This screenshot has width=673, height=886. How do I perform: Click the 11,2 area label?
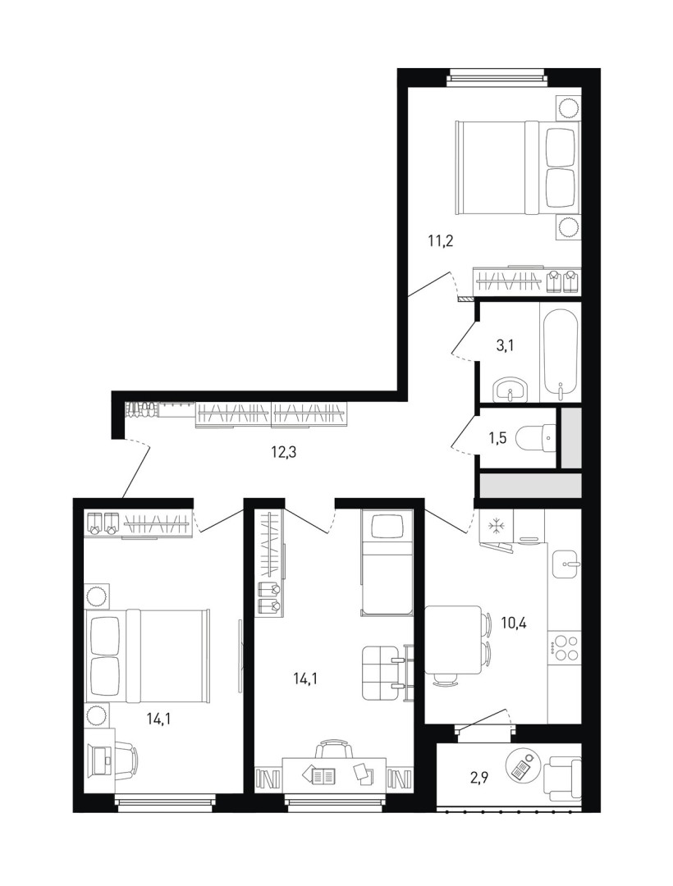(x=441, y=242)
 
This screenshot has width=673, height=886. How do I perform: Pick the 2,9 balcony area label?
(x=478, y=777)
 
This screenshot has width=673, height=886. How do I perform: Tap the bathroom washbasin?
(x=510, y=390)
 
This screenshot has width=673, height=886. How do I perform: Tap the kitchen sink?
(x=566, y=564)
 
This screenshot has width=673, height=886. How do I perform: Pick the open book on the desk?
(x=324, y=775)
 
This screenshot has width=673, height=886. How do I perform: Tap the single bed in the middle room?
(x=387, y=562)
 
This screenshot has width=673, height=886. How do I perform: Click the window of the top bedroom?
(x=498, y=77)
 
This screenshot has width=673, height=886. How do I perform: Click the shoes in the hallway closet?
(x=141, y=409)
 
